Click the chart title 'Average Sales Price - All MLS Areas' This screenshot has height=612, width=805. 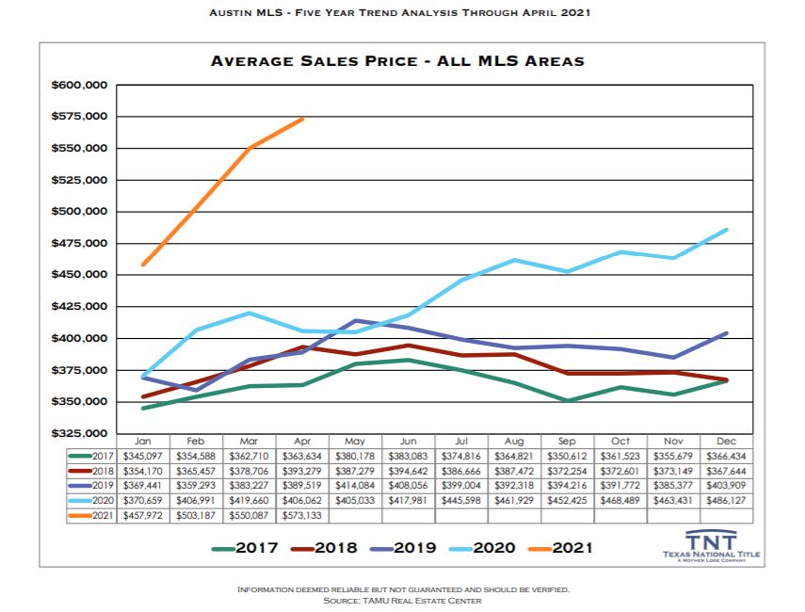pyautogui.click(x=397, y=61)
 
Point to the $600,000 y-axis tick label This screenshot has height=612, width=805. pyautogui.click(x=80, y=86)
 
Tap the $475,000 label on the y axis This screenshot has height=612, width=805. pyautogui.click(x=80, y=243)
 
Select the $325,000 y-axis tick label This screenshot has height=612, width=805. pyautogui.click(x=80, y=433)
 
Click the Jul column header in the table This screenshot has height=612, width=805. pyautogui.click(x=461, y=440)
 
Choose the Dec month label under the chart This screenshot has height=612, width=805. pyautogui.click(x=726, y=440)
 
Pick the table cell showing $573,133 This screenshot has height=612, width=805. pyautogui.click(x=303, y=516)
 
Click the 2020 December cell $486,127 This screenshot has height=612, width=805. pyautogui.click(x=726, y=501)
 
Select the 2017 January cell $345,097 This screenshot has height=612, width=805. pyautogui.click(x=144, y=456)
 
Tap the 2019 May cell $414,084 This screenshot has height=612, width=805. pyautogui.click(x=356, y=486)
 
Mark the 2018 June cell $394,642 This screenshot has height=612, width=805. pyautogui.click(x=409, y=471)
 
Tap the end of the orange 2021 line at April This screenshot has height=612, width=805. pyautogui.click(x=303, y=119)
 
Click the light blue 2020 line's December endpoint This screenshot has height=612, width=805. pyautogui.click(x=726, y=230)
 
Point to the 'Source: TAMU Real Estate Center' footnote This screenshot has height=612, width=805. pyautogui.click(x=403, y=601)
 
